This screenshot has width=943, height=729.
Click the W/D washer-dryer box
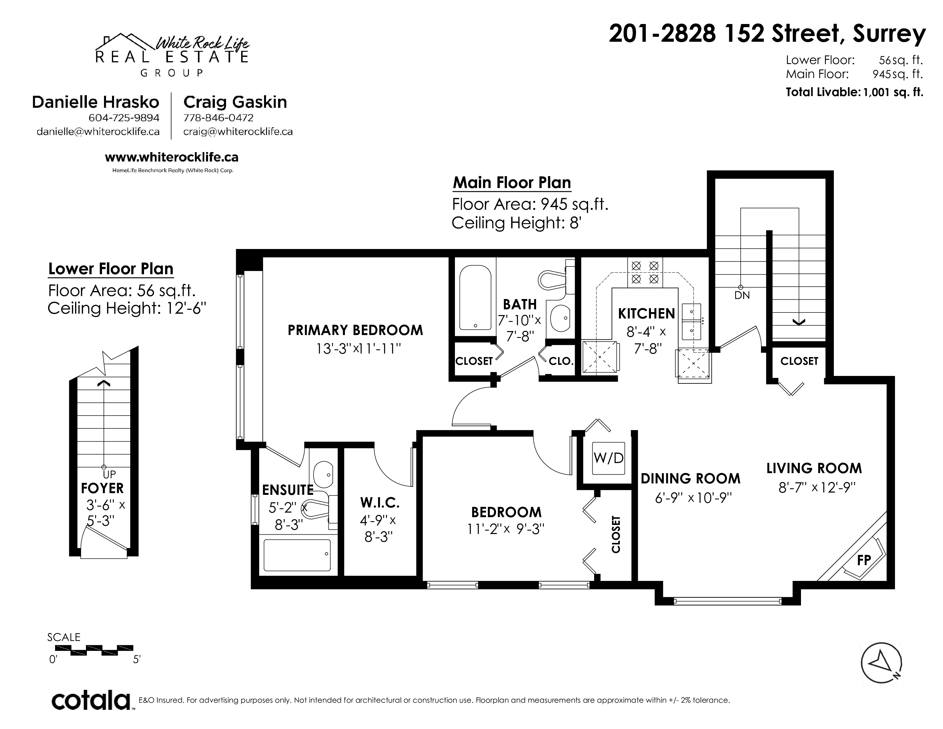608,457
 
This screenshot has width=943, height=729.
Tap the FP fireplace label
864,560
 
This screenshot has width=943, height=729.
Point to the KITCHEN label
646,314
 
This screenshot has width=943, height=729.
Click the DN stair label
742,295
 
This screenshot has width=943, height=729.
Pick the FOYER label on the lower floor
102,489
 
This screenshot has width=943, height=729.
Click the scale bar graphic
94,650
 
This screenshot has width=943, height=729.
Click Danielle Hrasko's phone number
124,118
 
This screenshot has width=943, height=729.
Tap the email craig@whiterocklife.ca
238,132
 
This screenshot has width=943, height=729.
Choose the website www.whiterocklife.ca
171,157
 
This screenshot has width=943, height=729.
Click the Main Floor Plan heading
512,183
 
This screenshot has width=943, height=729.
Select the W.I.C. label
379,502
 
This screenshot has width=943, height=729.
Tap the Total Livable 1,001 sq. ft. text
854,92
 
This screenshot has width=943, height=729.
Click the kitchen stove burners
645,272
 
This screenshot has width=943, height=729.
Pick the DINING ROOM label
690,479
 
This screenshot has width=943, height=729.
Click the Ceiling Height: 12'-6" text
127,308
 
